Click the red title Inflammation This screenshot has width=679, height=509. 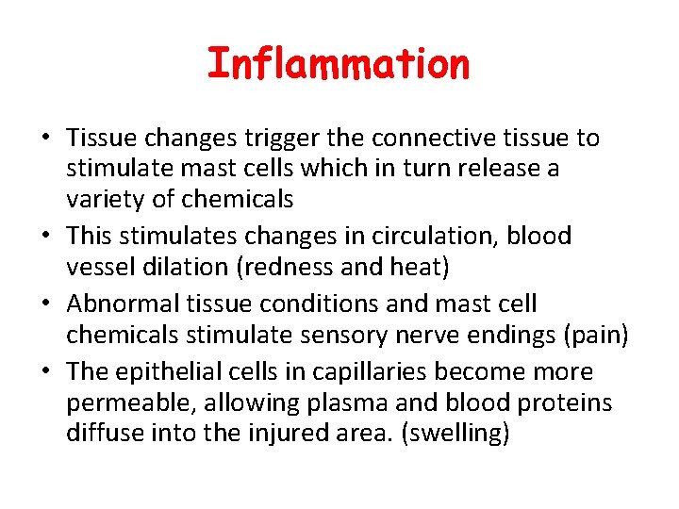[338, 64]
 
